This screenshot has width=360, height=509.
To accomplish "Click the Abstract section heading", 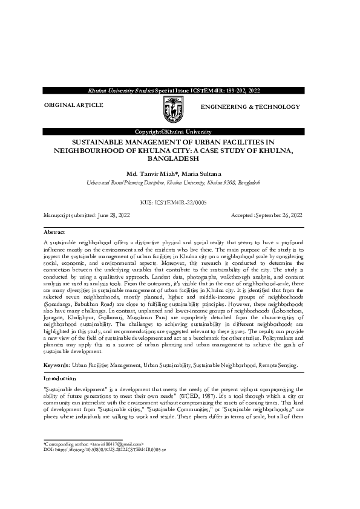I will coord(54,232).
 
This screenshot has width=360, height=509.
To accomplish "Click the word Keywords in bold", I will coord(56,366).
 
